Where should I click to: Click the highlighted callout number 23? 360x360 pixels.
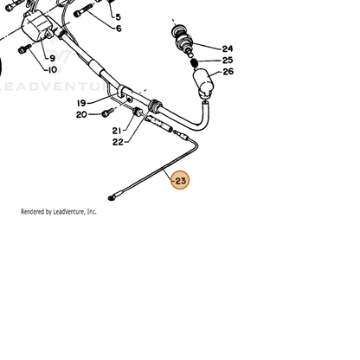tap(180, 181)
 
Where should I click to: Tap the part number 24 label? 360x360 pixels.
tap(228, 48)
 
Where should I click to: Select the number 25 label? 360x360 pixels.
tap(228, 61)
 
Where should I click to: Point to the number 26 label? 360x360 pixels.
tap(228, 72)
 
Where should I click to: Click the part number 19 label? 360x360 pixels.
tap(81, 103)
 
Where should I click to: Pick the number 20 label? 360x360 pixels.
tap(81, 114)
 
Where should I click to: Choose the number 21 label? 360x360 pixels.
tap(117, 131)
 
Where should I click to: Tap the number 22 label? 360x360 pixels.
tap(118, 142)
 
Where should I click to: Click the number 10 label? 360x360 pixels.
tap(52, 70)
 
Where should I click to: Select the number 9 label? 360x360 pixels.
tap(52, 58)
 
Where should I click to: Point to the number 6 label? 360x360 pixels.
tap(119, 29)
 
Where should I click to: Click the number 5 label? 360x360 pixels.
tap(118, 17)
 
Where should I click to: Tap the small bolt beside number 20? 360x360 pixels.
tap(106, 112)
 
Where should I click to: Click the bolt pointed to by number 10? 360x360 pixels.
tap(24, 48)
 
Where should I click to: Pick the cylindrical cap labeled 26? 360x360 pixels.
tap(203, 82)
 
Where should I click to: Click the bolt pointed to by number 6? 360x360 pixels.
tap(83, 10)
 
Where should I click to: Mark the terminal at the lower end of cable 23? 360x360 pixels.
tap(112, 197)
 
